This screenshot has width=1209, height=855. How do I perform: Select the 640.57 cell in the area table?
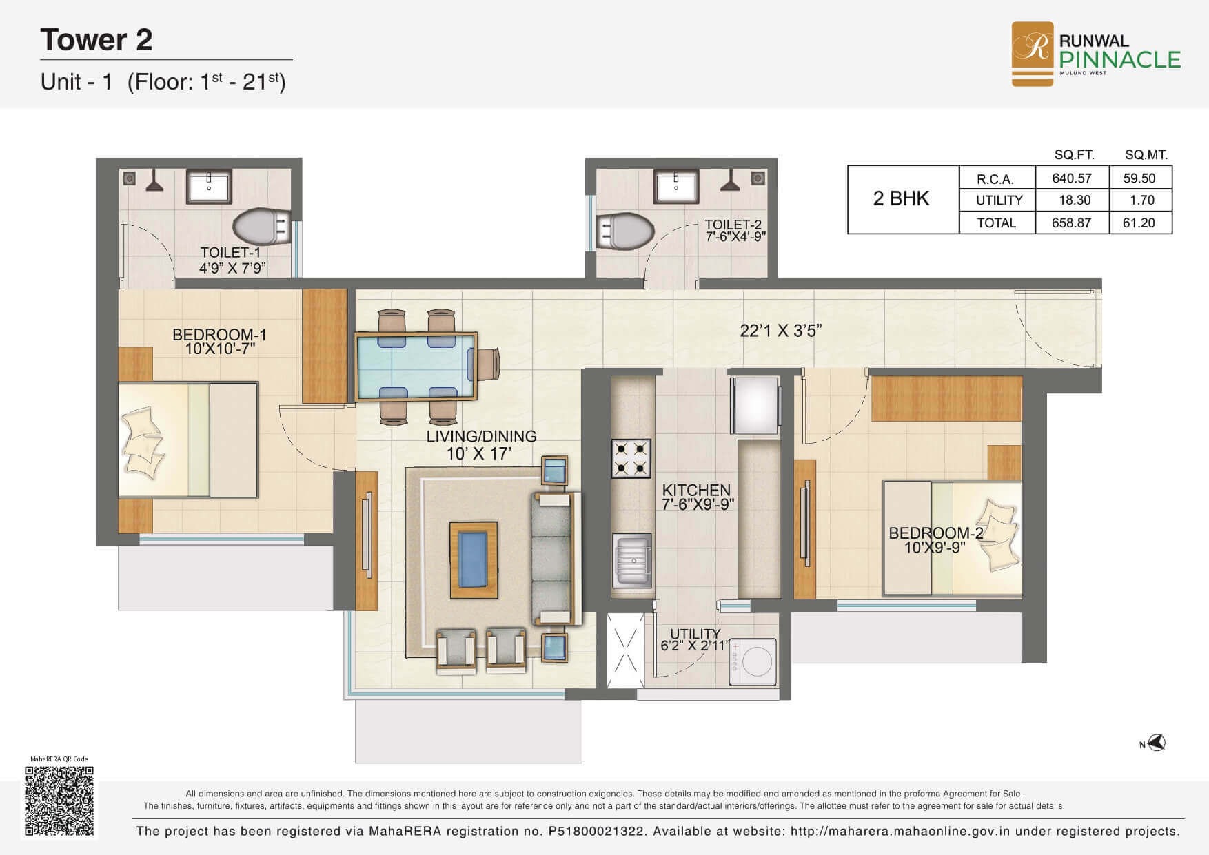point(1072,178)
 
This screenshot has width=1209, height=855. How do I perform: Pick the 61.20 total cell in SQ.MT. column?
point(1139,223)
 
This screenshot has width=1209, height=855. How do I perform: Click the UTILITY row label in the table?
point(999,200)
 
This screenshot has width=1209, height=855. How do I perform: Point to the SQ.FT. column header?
point(1074,155)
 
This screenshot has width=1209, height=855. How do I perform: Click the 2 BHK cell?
point(902,199)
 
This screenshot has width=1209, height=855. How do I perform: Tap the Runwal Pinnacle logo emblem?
point(1032,54)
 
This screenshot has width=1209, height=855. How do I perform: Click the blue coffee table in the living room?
point(474,560)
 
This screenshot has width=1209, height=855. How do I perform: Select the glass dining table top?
point(416,366)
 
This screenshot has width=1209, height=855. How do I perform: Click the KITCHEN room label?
point(696,490)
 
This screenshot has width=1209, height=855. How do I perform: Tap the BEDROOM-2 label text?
point(935,533)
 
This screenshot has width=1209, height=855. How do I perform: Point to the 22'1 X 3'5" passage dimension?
point(781,331)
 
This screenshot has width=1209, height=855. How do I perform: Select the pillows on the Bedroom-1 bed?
point(144,442)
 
